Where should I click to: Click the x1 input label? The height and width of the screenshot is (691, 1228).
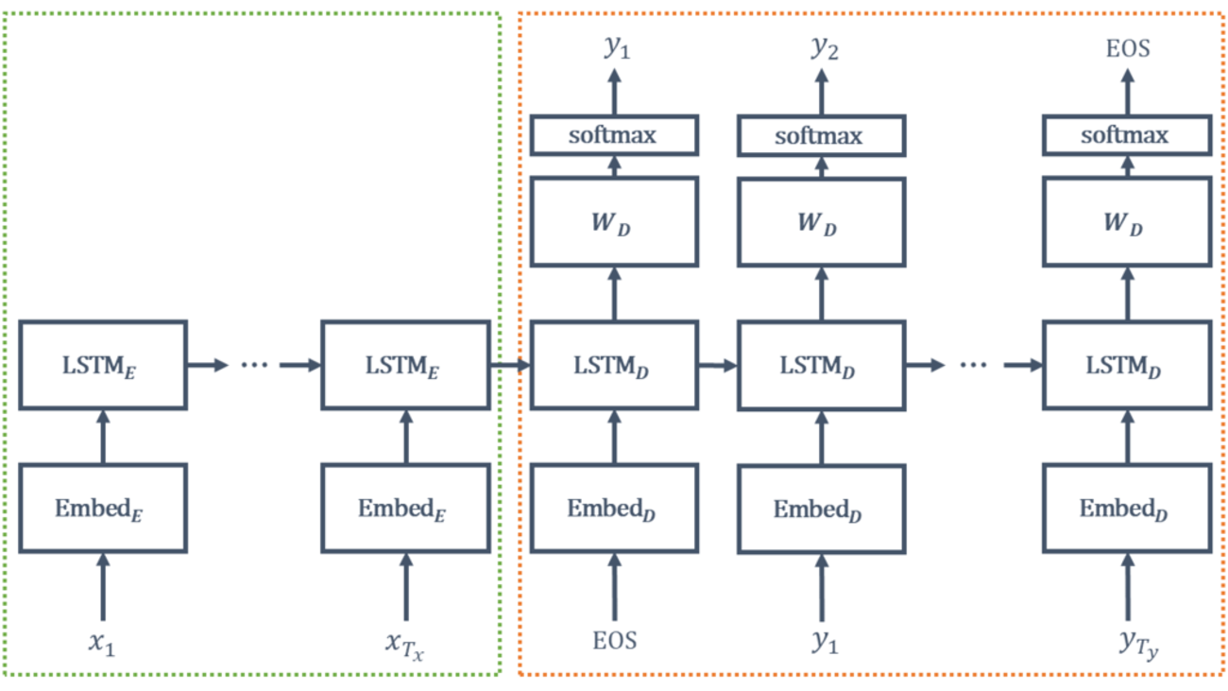click(102, 644)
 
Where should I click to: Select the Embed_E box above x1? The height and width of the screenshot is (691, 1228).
click(103, 509)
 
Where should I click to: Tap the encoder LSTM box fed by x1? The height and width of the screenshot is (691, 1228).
click(103, 365)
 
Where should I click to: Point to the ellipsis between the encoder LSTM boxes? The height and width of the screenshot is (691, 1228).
click(255, 365)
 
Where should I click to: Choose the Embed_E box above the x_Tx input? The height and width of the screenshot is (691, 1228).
click(406, 509)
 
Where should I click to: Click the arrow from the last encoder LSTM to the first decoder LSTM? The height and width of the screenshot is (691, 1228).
click(511, 365)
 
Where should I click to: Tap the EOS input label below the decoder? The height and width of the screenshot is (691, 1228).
click(614, 641)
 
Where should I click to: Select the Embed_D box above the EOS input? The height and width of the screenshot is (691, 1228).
click(614, 509)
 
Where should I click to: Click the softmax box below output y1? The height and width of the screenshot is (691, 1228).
click(614, 136)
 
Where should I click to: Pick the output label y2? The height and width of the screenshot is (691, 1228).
click(823, 48)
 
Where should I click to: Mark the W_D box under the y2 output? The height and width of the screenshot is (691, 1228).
click(821, 222)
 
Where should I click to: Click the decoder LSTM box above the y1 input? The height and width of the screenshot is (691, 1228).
click(821, 365)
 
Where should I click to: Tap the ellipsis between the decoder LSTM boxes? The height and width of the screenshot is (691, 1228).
click(973, 365)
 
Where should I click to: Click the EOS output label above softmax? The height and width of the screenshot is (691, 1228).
click(1128, 48)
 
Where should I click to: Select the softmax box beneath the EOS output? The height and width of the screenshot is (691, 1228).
click(1126, 136)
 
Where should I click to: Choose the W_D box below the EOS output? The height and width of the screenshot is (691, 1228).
click(1126, 222)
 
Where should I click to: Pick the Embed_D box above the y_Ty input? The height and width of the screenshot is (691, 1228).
click(1126, 509)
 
